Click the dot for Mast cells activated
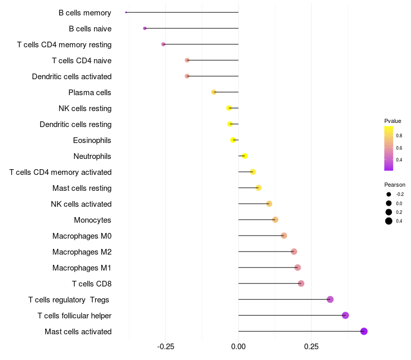364,331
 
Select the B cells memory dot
126,12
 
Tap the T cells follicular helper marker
345,315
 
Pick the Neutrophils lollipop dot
245,156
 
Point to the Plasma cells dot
214,92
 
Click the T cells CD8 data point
301,283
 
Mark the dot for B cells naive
145,28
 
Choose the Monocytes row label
92,220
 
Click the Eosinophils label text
92,140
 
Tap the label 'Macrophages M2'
82,252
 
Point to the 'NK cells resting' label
85,109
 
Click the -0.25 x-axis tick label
165,347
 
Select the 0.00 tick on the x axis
238,347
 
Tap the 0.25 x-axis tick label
311,347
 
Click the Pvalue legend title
393,121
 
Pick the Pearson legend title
395,185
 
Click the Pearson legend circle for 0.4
389,221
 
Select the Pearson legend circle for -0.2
389,194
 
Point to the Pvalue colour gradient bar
389,148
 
